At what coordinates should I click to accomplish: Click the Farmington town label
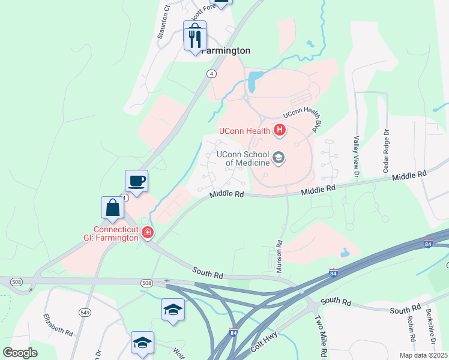[226, 51]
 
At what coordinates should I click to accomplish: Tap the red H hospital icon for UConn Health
[279, 130]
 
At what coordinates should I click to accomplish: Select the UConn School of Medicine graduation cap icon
[279, 158]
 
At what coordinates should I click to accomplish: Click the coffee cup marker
[136, 181]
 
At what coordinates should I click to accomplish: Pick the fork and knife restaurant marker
[194, 39]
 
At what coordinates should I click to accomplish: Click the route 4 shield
[211, 74]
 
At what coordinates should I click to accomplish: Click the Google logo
[20, 353]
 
